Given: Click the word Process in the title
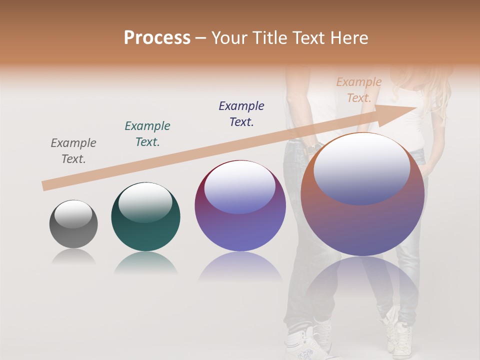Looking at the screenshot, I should [x=157, y=38].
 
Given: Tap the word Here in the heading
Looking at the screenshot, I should [x=349, y=38].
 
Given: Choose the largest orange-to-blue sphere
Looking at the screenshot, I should [x=362, y=225].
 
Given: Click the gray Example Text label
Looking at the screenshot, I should [x=73, y=151].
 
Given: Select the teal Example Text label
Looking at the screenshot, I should [x=147, y=134].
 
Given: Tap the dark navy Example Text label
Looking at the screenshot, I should [x=241, y=113].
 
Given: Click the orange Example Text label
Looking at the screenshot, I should [x=358, y=90].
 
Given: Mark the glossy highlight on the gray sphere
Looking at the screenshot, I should [x=73, y=214].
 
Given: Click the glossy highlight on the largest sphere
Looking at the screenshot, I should [x=361, y=168].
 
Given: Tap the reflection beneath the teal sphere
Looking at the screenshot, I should [x=145, y=262].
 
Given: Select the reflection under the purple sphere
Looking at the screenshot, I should [x=240, y=267].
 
